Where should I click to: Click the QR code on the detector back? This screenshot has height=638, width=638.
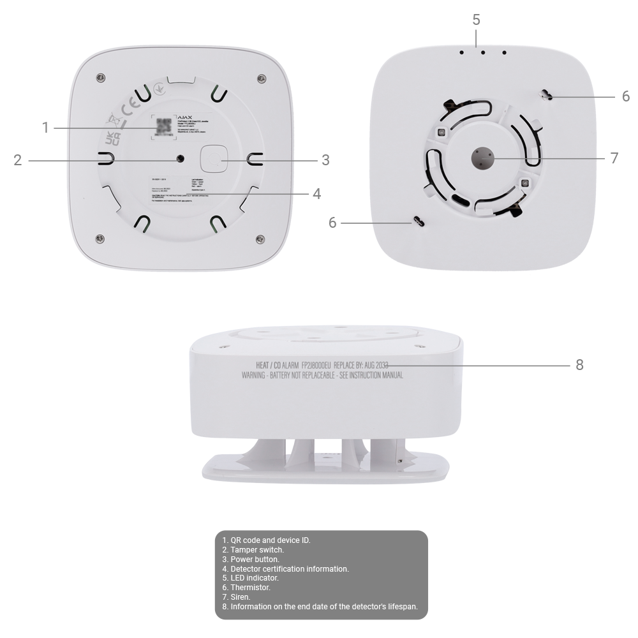tap(164, 126)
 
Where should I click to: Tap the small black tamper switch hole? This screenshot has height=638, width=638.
tap(181, 159)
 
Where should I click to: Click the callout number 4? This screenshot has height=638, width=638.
tap(317, 193)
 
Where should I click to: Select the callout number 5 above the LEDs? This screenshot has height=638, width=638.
tap(477, 20)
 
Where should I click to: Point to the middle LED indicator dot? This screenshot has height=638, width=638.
tap(482, 52)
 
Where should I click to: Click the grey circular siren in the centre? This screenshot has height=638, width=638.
tap(482, 158)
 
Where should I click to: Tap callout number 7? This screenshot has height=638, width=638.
tap(614, 158)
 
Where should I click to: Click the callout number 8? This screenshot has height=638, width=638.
tap(579, 365)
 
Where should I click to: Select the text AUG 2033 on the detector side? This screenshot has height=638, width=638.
tap(373, 365)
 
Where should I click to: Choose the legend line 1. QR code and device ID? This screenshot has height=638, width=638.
tap(266, 540)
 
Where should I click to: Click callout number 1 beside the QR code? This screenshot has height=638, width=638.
tap(45, 128)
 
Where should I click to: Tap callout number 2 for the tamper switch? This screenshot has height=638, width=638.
tap(18, 159)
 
